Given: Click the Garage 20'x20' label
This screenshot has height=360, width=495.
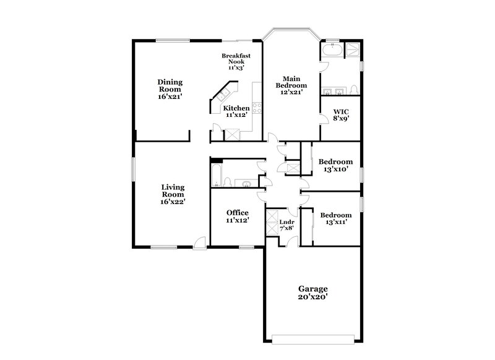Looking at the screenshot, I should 312,293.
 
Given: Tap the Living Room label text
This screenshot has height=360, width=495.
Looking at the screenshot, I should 173,194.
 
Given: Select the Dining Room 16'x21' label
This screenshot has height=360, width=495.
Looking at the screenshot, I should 169,89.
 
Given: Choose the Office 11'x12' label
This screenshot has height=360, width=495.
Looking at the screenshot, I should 237,216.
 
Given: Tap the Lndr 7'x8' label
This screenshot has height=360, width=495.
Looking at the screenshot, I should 286,225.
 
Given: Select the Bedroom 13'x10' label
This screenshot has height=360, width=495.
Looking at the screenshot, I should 335,165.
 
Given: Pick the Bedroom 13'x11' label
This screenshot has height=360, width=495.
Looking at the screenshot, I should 335,218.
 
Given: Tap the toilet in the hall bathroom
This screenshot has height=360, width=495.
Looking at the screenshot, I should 228,182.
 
